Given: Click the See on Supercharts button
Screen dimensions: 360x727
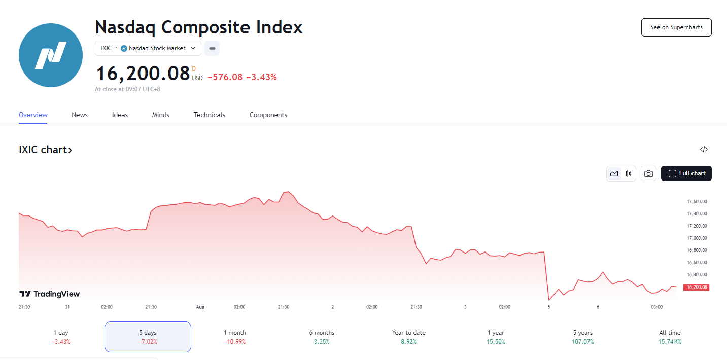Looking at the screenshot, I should [x=676, y=27].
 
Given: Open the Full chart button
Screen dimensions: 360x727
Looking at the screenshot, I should [x=686, y=173].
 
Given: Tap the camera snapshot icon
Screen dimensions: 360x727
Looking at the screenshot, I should [x=648, y=174].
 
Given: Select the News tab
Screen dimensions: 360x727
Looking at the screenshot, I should [x=80, y=115].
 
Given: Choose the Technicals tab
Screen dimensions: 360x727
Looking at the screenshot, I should [x=209, y=115].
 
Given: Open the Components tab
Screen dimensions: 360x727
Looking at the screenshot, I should [x=268, y=115].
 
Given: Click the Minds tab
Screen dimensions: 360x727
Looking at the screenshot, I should [x=161, y=115].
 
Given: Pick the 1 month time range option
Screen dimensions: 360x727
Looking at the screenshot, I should [x=234, y=337].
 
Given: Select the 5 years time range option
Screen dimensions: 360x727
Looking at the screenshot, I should [x=582, y=337].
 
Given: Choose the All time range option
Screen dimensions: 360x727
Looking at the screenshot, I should [x=670, y=337].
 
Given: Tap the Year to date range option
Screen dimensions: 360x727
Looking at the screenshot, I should [x=408, y=337].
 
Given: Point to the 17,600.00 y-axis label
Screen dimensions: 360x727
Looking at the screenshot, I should [x=697, y=202].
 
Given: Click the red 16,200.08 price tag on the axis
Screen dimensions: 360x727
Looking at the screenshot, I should [x=696, y=287].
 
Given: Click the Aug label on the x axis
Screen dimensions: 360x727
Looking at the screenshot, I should [x=200, y=307].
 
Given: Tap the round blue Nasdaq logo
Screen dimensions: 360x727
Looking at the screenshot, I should [x=51, y=55].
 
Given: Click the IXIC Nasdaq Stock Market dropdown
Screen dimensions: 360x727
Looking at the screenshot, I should [x=148, y=48].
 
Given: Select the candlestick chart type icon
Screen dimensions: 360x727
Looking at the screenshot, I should [x=629, y=174].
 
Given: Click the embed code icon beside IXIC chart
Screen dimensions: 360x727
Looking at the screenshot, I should [x=704, y=149].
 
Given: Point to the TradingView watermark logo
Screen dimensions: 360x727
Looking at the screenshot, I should [x=49, y=294].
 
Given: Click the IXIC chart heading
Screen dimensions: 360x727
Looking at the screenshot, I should [x=45, y=150].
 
